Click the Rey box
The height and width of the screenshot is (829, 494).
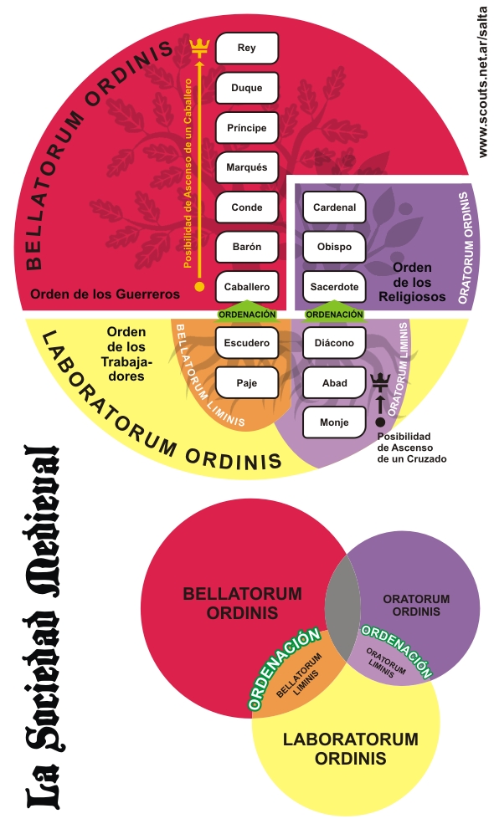click(247, 49)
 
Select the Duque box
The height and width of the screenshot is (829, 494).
click(247, 88)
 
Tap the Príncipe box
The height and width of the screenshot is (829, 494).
click(247, 128)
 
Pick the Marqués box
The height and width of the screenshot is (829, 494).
click(247, 167)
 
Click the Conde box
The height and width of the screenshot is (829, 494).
click(247, 207)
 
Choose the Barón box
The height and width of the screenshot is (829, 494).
click(247, 247)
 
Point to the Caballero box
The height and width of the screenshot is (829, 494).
click(247, 287)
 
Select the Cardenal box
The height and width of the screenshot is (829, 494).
click(334, 207)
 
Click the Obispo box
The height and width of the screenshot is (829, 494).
click(334, 247)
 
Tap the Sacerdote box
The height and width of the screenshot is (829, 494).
click(334, 287)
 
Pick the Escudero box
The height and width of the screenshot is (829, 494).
click(247, 343)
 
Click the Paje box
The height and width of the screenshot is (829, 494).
click(247, 383)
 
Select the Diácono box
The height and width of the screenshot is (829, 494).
click(334, 343)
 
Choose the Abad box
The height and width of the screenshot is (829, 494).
click(334, 383)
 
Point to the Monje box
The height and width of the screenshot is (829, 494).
click(334, 422)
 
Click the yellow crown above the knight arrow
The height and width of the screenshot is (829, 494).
click(199, 48)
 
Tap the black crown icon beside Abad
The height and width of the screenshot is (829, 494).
click(380, 381)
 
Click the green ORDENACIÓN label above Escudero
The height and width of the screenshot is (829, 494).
click(247, 313)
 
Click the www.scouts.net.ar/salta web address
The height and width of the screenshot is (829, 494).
click(482, 82)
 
